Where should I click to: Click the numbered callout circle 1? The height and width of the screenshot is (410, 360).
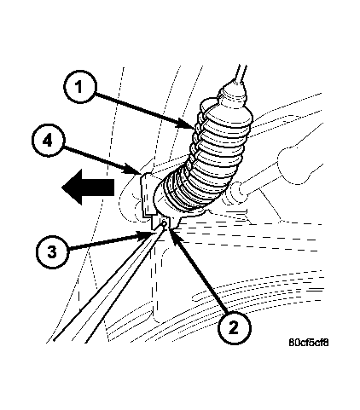80,86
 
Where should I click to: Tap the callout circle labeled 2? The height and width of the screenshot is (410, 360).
234,328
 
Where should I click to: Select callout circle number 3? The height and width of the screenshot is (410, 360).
52,252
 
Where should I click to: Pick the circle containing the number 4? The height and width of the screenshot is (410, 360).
49,141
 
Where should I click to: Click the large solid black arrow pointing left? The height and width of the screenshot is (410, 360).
88,188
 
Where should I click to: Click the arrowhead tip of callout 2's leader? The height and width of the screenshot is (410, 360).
170,228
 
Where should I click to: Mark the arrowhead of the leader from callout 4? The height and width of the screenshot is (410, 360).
140,173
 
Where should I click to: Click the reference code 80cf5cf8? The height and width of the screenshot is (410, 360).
309,343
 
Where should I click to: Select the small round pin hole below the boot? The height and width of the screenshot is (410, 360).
165,223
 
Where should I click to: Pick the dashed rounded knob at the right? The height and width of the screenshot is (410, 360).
301,165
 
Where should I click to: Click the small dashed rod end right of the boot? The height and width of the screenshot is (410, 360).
236,191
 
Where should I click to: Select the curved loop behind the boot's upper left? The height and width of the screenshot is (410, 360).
206,104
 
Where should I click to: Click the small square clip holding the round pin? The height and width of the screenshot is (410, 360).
161,222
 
